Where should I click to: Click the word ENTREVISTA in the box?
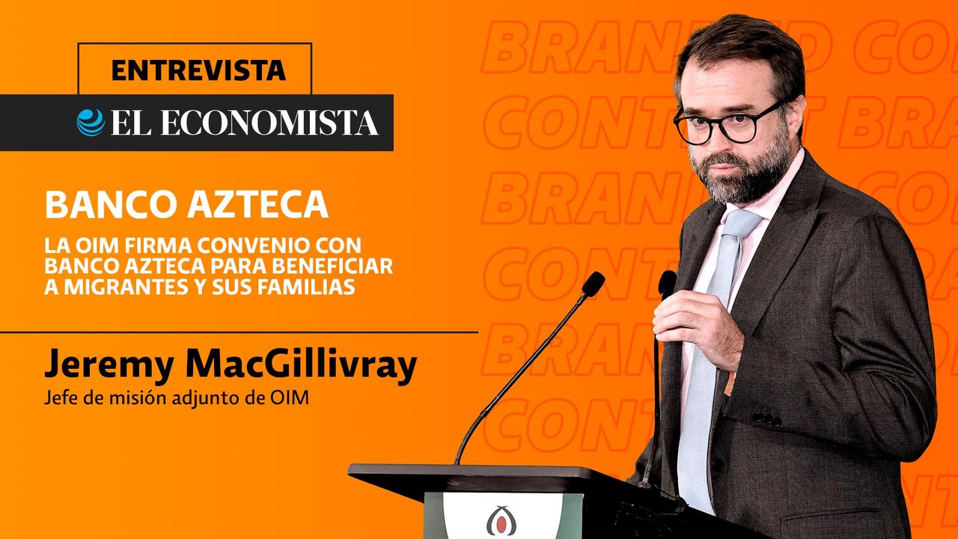[x=198, y=70]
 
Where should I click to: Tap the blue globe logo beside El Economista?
[x=91, y=123]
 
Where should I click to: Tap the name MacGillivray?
[x=300, y=365]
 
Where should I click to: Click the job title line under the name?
[x=177, y=400]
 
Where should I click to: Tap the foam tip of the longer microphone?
[x=593, y=284]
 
